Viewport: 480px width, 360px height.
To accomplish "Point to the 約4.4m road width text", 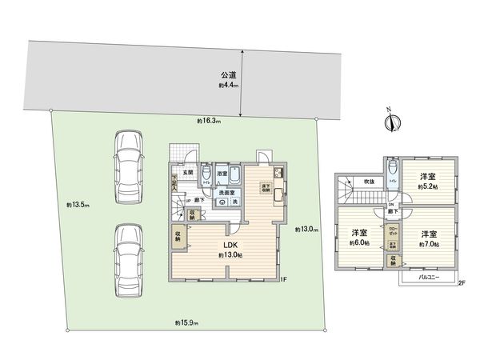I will (229, 84).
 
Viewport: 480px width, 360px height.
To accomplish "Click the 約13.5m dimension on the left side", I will (78, 206).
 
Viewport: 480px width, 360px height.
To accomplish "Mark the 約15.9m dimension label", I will (186, 322).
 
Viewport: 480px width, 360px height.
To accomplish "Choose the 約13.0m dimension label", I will (306, 230).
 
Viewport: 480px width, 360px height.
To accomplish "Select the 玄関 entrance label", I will (187, 172).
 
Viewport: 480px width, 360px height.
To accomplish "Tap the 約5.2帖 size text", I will (430, 186).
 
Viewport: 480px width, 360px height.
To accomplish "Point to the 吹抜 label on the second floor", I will (368, 182).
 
